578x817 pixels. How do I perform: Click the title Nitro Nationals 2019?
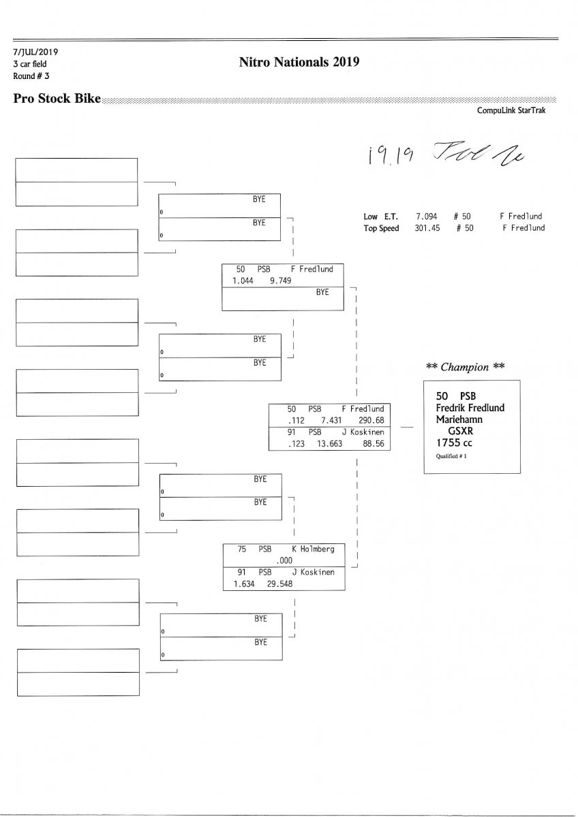(299, 63)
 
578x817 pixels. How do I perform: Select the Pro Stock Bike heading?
(57, 99)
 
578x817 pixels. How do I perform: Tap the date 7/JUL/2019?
(36, 52)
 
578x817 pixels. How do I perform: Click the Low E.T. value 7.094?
(427, 217)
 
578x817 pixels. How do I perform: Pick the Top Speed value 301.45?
(427, 228)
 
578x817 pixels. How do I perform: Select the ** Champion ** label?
(465, 367)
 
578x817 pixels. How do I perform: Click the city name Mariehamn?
(460, 419)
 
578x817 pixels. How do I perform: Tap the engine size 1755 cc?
(454, 442)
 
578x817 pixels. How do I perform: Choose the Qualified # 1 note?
(452, 457)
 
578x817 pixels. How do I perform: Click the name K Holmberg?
(313, 549)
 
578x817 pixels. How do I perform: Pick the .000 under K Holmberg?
(284, 560)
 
